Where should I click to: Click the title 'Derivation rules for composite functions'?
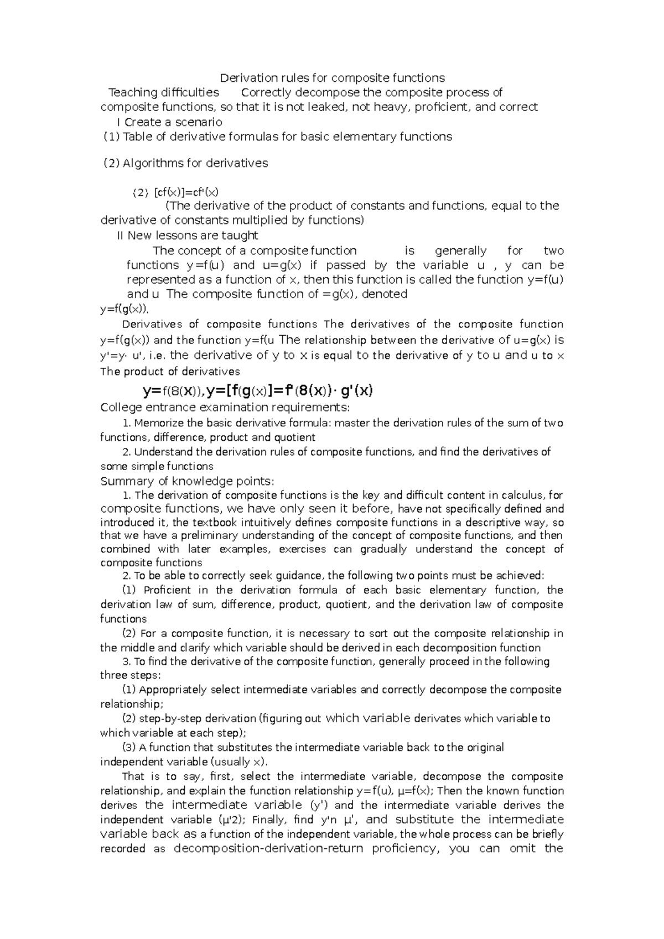[x=332, y=78]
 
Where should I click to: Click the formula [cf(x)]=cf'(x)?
[x=186, y=192]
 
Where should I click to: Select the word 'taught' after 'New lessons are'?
[x=240, y=236]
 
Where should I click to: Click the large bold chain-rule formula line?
[x=258, y=391]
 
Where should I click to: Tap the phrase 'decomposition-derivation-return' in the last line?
[x=268, y=849]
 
